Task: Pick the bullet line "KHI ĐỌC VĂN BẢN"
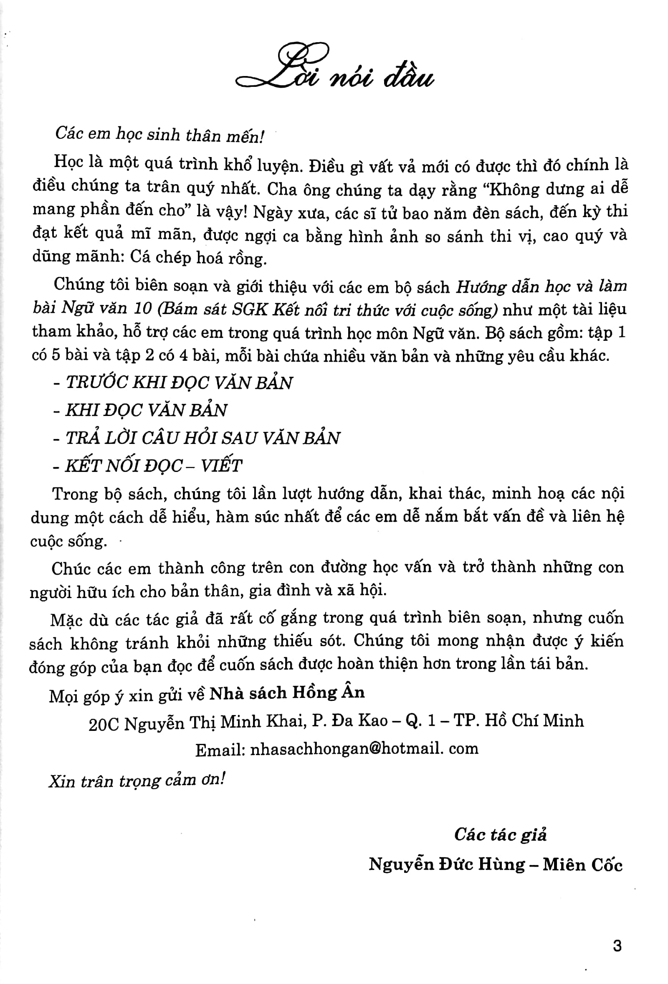click(146, 410)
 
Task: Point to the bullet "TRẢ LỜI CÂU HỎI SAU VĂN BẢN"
click(202, 438)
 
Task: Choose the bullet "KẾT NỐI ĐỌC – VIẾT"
click(153, 466)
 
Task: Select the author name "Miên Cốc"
click(582, 864)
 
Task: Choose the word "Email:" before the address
click(220, 749)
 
